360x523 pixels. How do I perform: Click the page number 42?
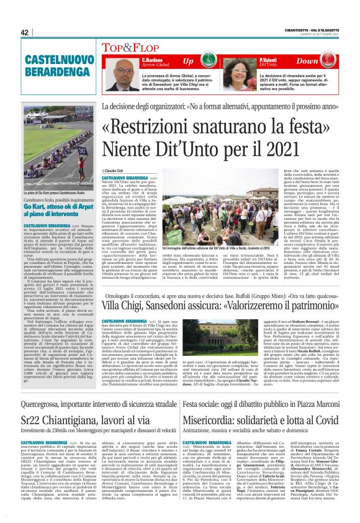(x=25, y=32)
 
